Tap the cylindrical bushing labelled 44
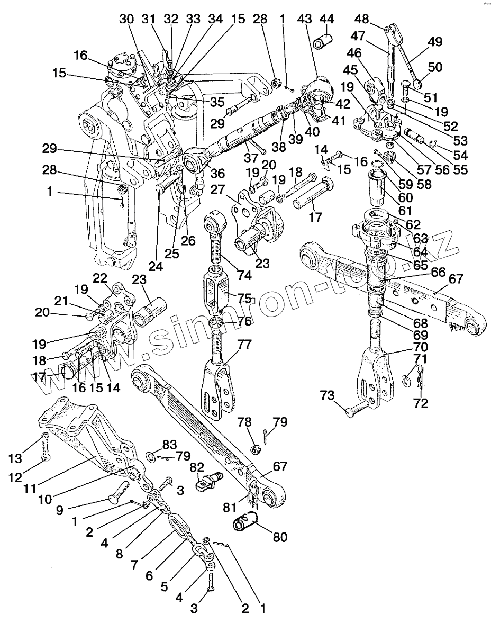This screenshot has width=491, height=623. (322, 41)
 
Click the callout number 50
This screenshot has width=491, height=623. (421, 67)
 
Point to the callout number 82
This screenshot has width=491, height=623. (197, 466)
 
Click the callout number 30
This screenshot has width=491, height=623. (126, 19)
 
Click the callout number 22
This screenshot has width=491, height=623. (101, 278)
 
